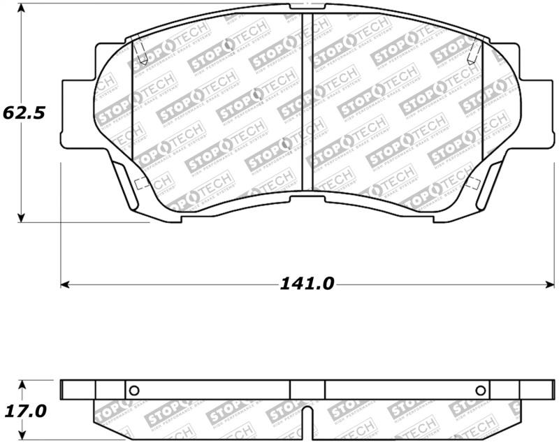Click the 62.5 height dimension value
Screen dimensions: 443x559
click(x=24, y=112)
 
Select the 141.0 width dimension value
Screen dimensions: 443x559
click(x=307, y=284)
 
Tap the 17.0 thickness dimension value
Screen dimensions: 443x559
click(x=24, y=412)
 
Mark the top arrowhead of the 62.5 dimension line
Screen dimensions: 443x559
click(x=22, y=8)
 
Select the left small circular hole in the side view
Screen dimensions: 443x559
click(x=135, y=391)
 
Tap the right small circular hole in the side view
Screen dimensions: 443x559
click(x=480, y=391)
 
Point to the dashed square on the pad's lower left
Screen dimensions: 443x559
click(x=138, y=184)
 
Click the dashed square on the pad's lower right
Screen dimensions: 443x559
click(x=473, y=184)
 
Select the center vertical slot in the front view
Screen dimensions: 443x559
click(x=307, y=105)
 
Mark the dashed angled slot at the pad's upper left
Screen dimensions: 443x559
click(x=139, y=49)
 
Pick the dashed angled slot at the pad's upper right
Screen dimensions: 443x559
click(x=475, y=49)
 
